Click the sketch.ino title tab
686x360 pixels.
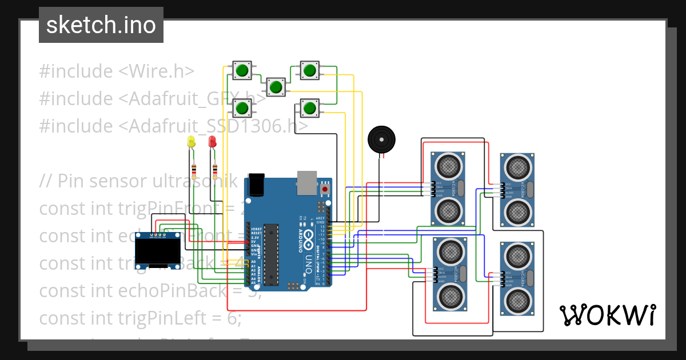pos(101,25)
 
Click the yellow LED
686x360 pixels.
pos(191,142)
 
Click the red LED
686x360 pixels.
pos(212,142)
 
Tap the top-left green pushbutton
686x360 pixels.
pos(242,71)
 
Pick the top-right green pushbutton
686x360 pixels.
pos(309,71)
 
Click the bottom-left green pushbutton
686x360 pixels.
pos(242,107)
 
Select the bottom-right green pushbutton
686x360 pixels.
pos(309,107)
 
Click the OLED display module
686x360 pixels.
pos(158,249)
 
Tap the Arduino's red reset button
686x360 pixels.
pos(325,189)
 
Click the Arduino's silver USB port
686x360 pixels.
pos(307,181)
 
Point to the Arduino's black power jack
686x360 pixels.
pos(257,182)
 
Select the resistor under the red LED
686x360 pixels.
pos(215,170)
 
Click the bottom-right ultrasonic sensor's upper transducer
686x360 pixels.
pos(518,255)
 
